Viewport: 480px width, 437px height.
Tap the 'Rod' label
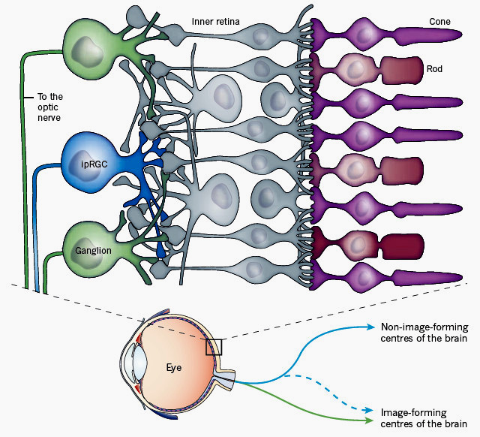[434, 69]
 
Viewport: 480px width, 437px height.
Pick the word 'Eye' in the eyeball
[174, 368]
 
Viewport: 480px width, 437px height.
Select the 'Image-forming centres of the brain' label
[415, 418]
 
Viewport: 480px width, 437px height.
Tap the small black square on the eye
[214, 347]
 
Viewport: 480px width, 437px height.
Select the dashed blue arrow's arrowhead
[370, 411]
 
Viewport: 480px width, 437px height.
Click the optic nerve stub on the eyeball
[226, 374]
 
